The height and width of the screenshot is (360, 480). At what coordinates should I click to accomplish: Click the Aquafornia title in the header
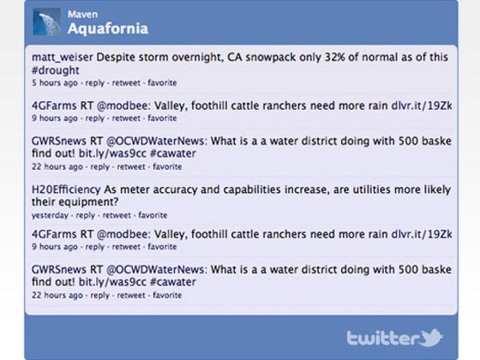click(x=108, y=29)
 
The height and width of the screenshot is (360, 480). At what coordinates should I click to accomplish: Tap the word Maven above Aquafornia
click(x=82, y=14)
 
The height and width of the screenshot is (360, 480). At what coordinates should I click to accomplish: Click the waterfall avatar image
click(x=46, y=21)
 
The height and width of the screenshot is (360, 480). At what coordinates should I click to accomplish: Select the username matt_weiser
click(x=62, y=57)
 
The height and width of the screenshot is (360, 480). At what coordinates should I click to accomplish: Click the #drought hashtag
click(x=56, y=70)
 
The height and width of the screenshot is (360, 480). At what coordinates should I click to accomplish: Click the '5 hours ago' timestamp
click(x=55, y=82)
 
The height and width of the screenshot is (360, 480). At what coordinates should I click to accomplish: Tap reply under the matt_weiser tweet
click(x=95, y=83)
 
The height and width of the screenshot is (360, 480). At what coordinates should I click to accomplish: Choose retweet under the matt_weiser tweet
click(x=126, y=82)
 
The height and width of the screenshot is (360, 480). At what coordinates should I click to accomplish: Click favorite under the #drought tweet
click(x=162, y=82)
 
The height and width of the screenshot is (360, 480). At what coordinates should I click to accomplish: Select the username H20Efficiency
click(x=66, y=189)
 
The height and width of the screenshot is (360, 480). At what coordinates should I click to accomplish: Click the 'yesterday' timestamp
click(x=50, y=215)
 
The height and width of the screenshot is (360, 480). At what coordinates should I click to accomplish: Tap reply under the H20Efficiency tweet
click(x=86, y=215)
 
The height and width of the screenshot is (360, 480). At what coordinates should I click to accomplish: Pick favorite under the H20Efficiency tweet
click(x=153, y=215)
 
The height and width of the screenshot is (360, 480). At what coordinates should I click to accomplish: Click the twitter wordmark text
click(x=383, y=339)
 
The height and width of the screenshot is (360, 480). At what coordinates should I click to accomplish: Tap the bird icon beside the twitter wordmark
click(x=432, y=338)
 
